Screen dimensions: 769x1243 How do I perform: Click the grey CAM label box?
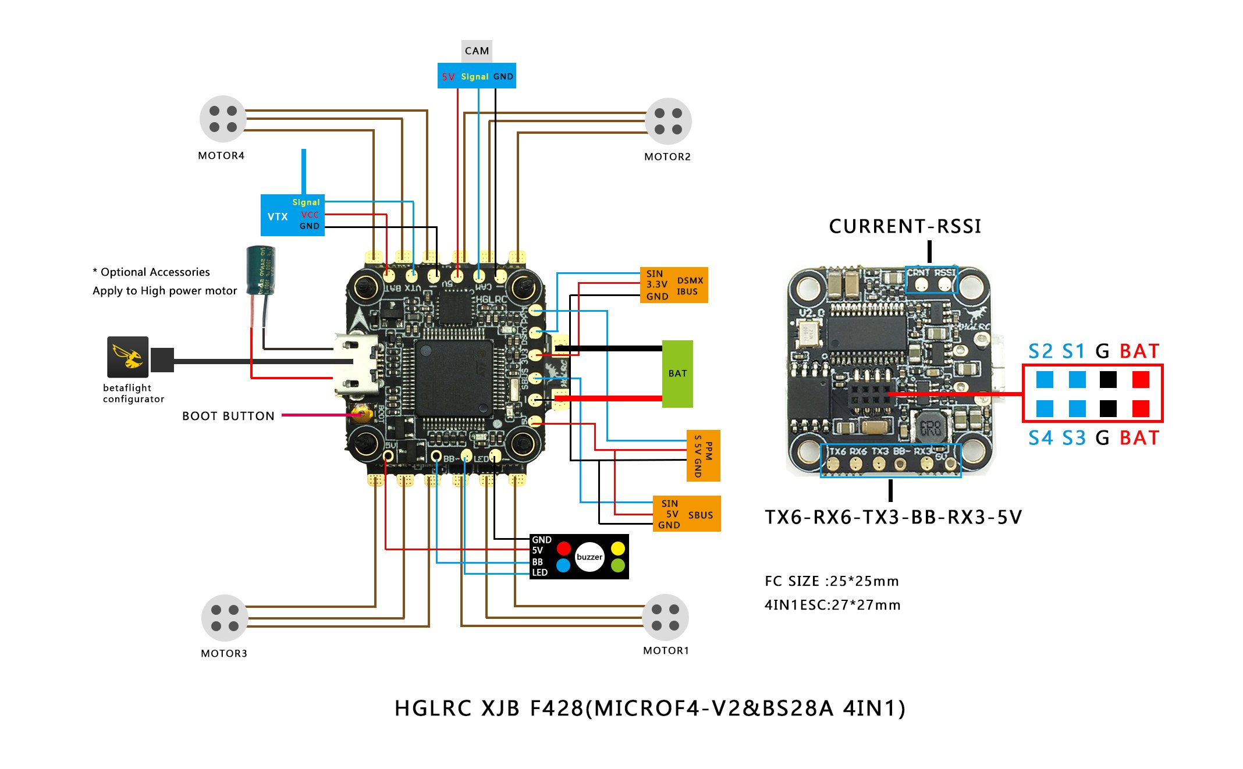(x=477, y=51)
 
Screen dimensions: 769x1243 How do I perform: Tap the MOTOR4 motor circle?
(x=223, y=119)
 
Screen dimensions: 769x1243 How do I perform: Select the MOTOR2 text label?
(x=667, y=156)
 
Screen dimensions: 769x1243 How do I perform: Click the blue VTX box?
(x=292, y=215)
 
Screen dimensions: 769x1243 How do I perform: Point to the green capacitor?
(x=260, y=270)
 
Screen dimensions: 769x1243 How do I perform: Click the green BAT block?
(x=677, y=373)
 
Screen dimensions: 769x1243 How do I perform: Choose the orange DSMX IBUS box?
(x=674, y=285)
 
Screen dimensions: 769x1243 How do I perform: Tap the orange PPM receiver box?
(x=703, y=455)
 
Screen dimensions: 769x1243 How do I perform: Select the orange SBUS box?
(x=687, y=514)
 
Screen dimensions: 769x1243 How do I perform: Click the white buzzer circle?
(x=589, y=557)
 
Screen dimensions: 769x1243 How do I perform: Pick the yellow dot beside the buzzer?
(x=617, y=549)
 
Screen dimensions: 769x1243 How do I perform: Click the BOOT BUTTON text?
(x=228, y=416)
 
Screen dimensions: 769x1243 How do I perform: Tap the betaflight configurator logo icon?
(x=128, y=357)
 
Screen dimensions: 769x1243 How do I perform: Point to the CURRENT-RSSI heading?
(x=905, y=226)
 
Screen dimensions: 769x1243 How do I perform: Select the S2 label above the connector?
(x=1040, y=351)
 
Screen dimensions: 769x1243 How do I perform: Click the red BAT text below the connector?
(x=1139, y=438)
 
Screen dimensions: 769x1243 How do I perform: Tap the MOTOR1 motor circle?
(x=665, y=617)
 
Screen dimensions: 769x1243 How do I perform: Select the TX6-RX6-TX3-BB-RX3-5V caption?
(x=893, y=517)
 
